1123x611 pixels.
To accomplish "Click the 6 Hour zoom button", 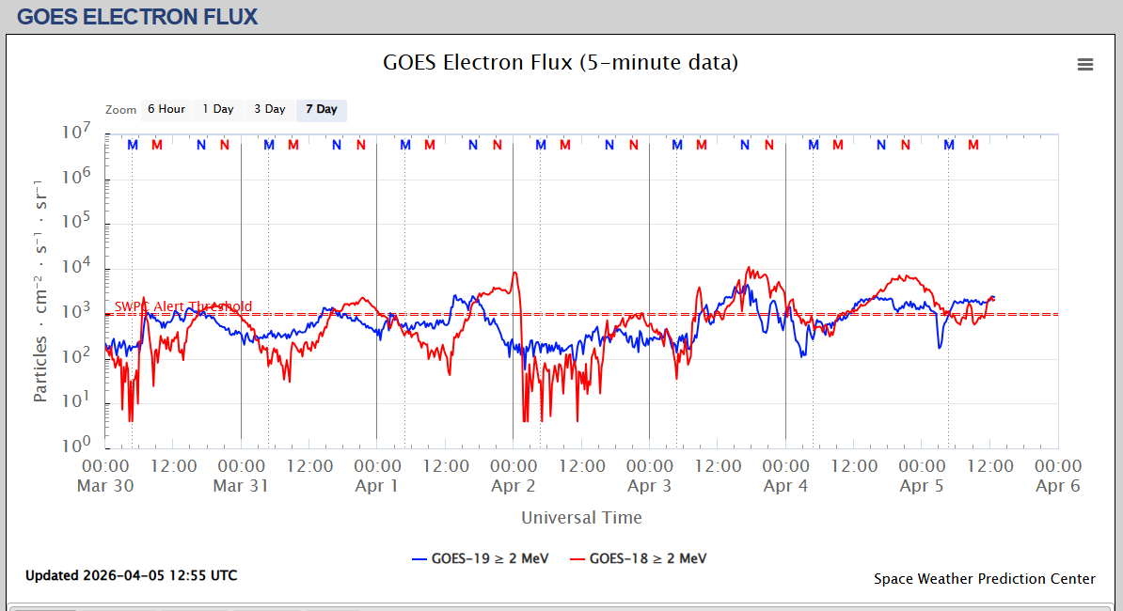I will pos(166,110).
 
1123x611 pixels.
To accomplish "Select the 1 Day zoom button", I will pos(218,110).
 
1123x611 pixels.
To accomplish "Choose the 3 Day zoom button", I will pos(270,110).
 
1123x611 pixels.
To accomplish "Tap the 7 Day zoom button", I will pos(322,110).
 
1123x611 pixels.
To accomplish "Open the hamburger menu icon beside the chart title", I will pos(1085,64).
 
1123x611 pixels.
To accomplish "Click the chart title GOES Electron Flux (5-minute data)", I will pos(561,63).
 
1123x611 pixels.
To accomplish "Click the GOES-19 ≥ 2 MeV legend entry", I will pos(480,558).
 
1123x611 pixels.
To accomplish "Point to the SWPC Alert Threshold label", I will pos(183,306).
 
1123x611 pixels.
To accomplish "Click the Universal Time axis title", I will pos(581,517).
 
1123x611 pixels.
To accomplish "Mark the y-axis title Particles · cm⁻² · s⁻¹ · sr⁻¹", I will pos(40,289).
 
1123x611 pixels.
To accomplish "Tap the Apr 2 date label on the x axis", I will pos(514,486).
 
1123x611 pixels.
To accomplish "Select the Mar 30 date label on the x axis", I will pos(105,486).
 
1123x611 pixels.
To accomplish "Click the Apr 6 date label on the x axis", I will pos(1058,486).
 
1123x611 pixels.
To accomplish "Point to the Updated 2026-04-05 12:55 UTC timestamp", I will pos(132,575).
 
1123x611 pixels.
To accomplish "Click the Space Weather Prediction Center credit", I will pos(984,579).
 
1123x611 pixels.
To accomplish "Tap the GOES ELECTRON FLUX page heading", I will pos(137,16).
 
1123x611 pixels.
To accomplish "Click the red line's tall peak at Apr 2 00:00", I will pos(514,274).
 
